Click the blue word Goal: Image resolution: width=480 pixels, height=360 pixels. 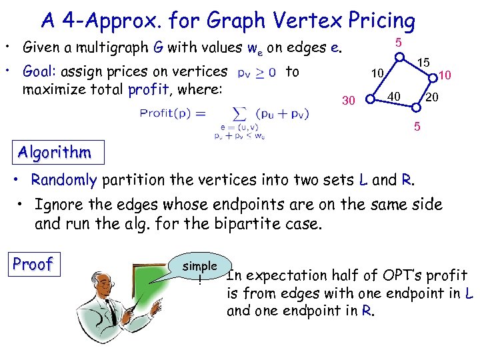41,71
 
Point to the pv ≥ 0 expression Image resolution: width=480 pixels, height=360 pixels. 259,72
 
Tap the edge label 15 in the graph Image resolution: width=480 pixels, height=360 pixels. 423,62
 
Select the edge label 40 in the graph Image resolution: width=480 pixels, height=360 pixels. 394,97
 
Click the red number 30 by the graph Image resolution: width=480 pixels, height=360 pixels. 348,101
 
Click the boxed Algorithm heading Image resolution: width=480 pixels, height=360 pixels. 55,153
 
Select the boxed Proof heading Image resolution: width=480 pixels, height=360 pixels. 33,264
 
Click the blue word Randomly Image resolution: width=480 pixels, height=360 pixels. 64,179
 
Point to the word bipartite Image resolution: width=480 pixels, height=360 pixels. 242,223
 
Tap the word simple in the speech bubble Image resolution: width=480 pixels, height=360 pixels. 200,265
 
